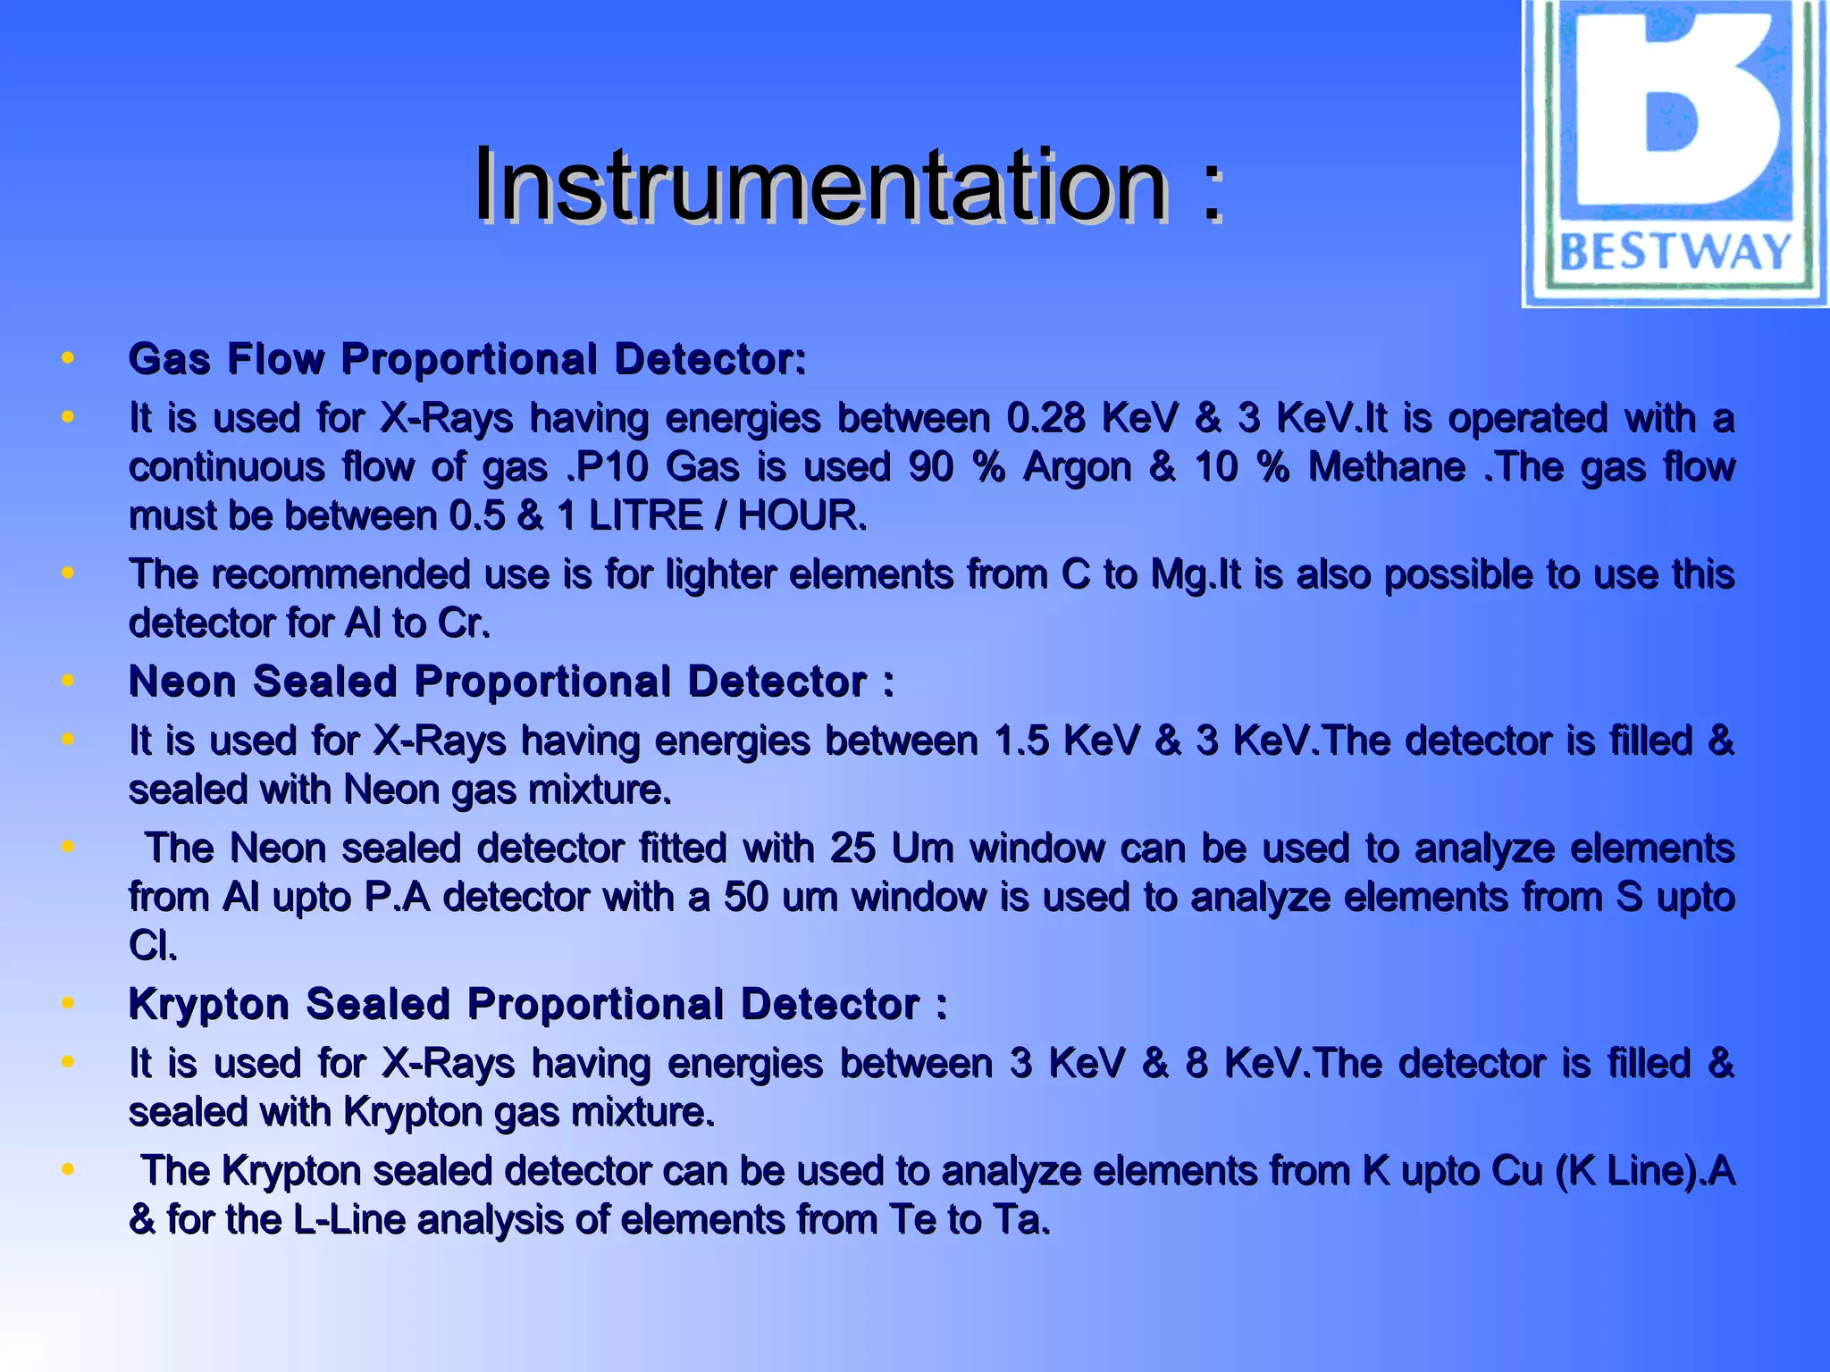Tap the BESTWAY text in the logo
(1675, 252)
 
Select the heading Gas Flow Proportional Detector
(467, 359)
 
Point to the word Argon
(1077, 467)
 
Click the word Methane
(1386, 467)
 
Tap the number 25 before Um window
(852, 849)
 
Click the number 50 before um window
(746, 897)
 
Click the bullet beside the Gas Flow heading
(68, 359)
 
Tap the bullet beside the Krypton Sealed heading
(68, 1004)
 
